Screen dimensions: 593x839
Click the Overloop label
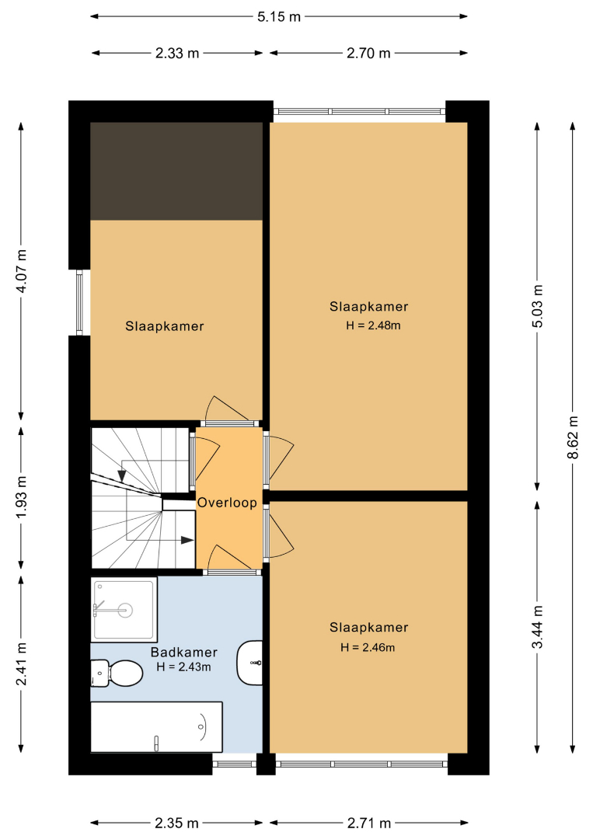coord(227,503)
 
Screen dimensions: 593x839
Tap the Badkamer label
coord(184,653)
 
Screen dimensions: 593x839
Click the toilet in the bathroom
coord(117,673)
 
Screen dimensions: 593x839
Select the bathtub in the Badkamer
coord(156,727)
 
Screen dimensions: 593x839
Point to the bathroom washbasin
coord(250,663)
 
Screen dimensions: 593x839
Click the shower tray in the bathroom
coord(124,610)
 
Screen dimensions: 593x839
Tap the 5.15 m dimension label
coord(279,16)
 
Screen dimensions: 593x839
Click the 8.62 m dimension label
coord(573,437)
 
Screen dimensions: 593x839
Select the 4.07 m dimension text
coord(22,271)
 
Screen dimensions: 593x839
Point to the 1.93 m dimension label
coord(22,497)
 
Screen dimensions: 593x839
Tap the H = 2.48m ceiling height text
coord(373,326)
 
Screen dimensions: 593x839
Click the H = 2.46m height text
coord(368,647)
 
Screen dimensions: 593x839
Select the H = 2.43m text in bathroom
coord(183,667)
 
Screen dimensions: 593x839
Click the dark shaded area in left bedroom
coord(176,171)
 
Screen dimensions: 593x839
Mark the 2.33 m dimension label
coord(177,53)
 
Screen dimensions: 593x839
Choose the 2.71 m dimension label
coord(369,823)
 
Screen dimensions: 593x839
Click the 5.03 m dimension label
coord(537,306)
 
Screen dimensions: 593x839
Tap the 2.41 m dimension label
coord(22,664)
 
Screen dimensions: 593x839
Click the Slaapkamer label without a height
coord(165,326)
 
